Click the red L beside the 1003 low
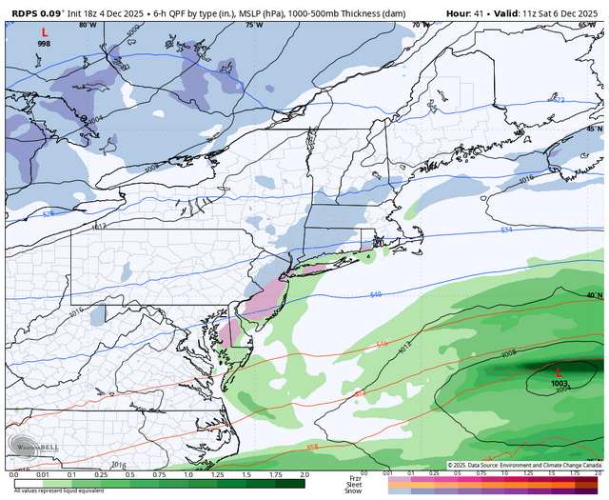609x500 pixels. [559, 371]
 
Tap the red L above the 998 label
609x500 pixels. [44, 32]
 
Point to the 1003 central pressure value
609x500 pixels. [559, 383]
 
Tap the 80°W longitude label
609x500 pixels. [87, 25]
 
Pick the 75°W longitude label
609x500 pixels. [251, 25]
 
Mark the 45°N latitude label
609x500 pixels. [593, 128]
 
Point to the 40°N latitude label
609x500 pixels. [593, 295]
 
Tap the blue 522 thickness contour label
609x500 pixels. [559, 99]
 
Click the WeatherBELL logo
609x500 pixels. [31, 445]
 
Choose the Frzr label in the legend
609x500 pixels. [354, 474]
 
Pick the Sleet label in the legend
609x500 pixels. [354, 482]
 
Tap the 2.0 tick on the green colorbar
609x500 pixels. [304, 473]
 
